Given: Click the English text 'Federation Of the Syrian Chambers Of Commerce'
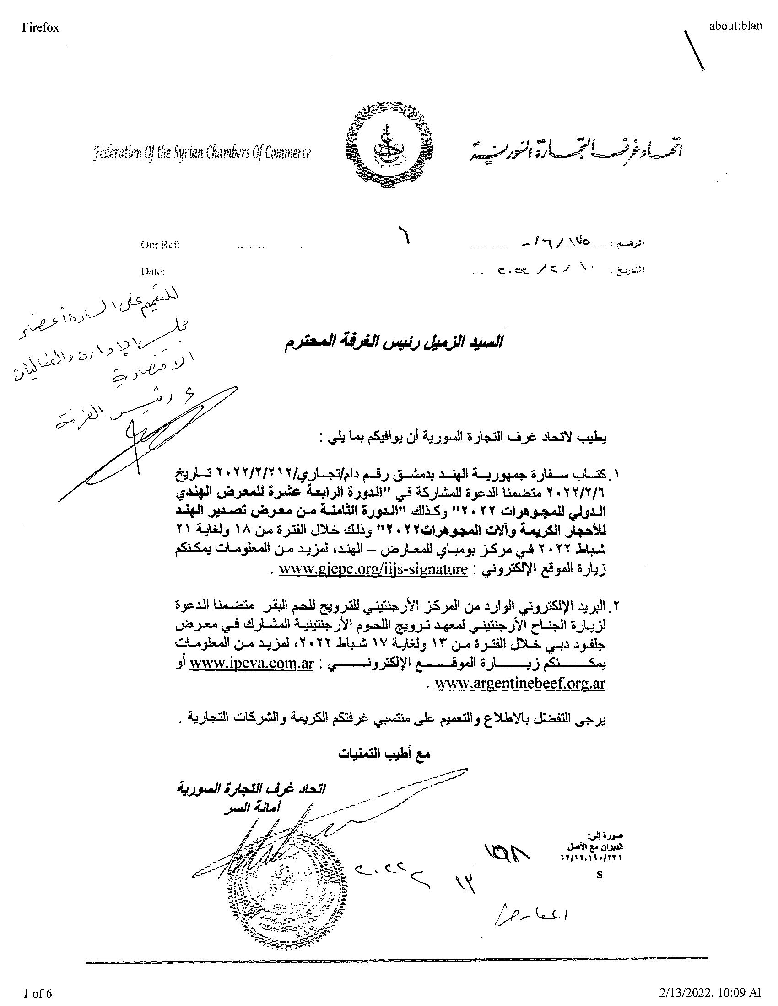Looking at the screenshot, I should coord(202,153).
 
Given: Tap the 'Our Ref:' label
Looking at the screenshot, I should coord(160,245).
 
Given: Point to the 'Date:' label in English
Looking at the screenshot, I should coord(152,272).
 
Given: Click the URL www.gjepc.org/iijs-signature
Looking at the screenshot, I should coord(373,569).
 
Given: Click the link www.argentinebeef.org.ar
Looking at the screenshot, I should coord(519,683).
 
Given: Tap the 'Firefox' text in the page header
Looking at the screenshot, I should coord(41,27).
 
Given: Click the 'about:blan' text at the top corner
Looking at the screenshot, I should coord(735,26).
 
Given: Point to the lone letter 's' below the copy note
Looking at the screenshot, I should coord(599,874).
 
